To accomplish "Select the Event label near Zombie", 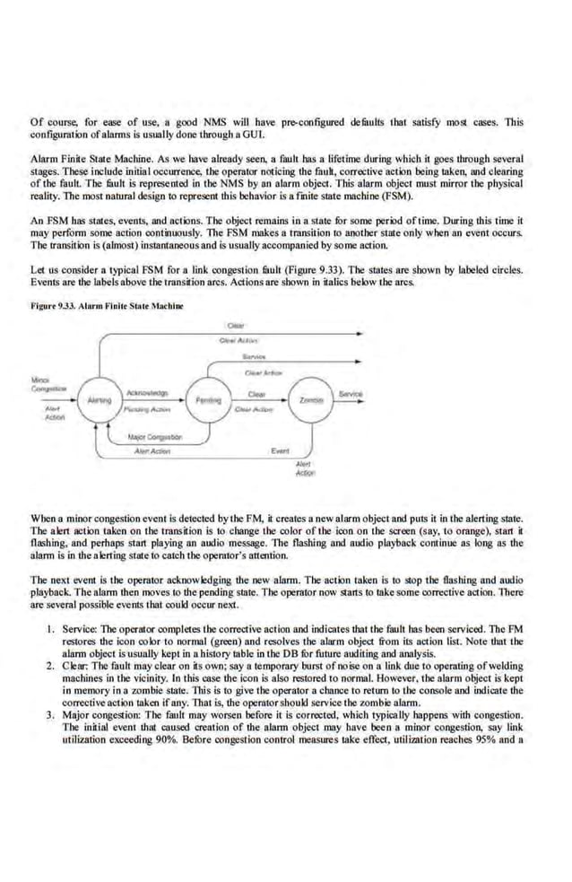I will click(279, 450).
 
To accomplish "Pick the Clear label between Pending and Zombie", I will click(255, 393).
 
